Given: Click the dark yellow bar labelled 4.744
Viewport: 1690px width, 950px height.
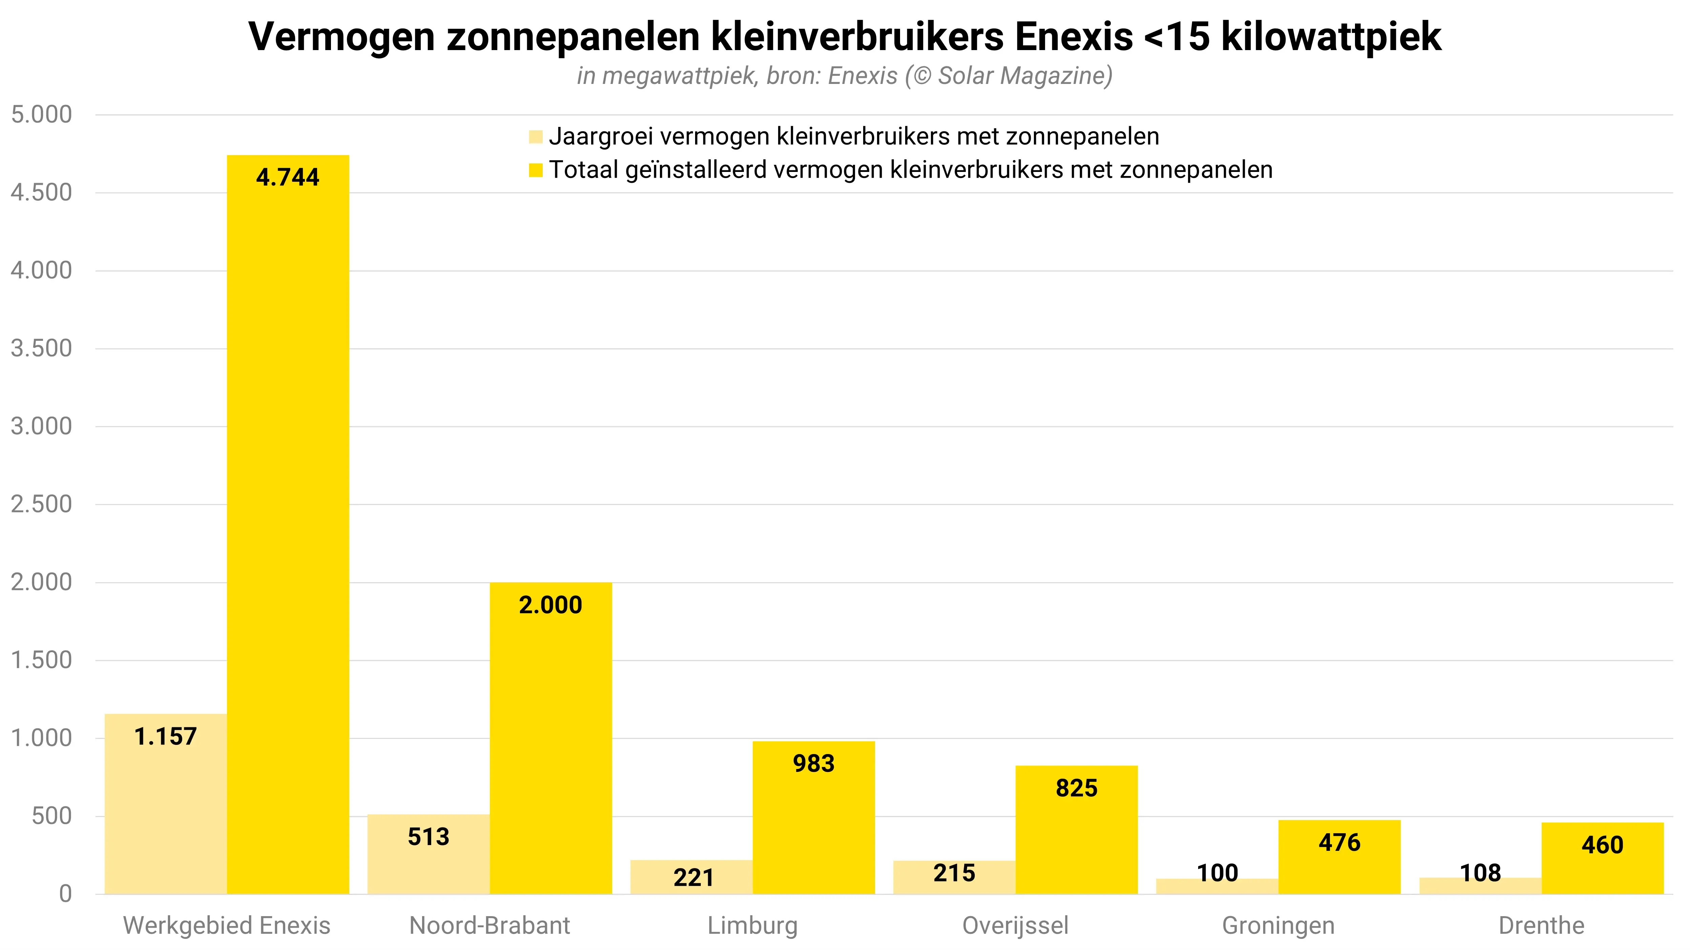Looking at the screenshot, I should pyautogui.click(x=288, y=525).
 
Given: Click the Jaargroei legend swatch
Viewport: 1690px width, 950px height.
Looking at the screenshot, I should pyautogui.click(x=535, y=137).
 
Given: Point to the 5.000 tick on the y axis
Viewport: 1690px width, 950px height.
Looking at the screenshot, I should pyautogui.click(x=41, y=115).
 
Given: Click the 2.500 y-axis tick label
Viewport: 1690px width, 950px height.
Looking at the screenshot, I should pyautogui.click(x=41, y=504).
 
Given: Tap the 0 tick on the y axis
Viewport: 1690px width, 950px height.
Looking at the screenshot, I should pyautogui.click(x=65, y=893).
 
